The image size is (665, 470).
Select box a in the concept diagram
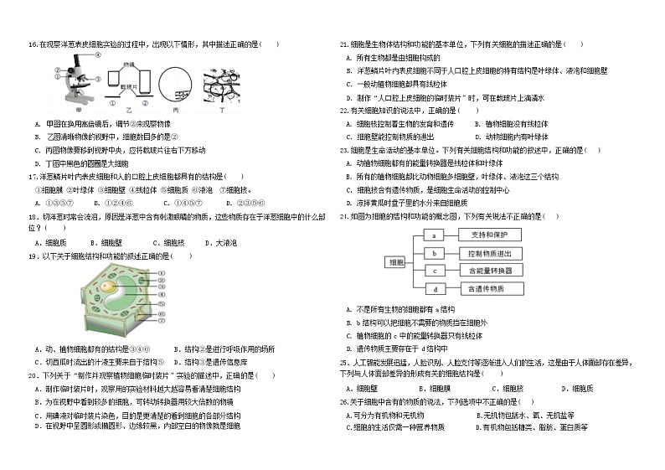[435, 235]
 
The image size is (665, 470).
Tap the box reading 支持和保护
[490, 235]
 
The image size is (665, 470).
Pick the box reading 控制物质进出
[490, 253]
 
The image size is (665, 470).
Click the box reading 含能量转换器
[490, 271]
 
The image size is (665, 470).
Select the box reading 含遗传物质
[490, 288]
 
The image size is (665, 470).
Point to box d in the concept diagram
[435, 288]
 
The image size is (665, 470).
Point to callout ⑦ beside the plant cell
[162, 316]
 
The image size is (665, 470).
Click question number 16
[33, 44]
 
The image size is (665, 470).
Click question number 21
[343, 44]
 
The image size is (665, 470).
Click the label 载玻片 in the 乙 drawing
[129, 86]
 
